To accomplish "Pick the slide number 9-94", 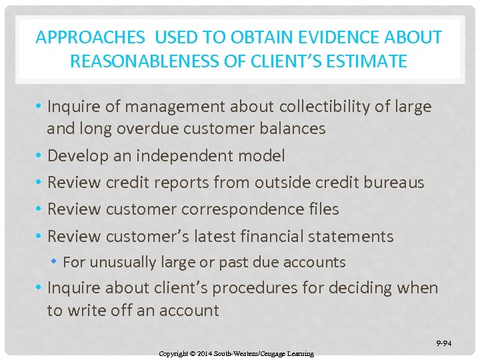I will pyautogui.click(x=444, y=344).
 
